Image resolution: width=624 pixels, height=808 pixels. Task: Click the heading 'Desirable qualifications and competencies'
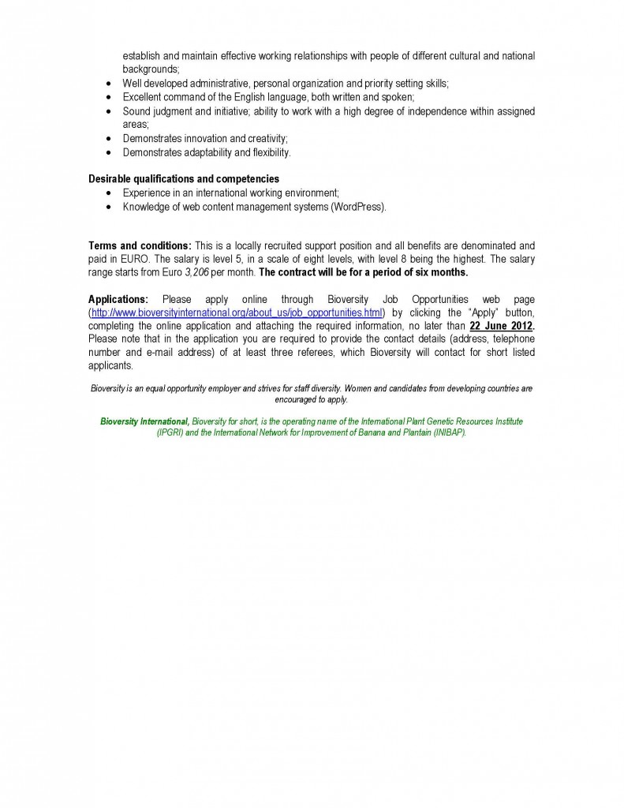183,179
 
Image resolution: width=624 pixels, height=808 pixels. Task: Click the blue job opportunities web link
237,312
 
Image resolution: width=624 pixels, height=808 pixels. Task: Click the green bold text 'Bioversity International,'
144,422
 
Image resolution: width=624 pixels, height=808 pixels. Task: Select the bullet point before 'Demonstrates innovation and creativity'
108,138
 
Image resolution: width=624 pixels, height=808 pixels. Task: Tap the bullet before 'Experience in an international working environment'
108,193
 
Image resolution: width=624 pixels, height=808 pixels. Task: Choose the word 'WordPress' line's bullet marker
108,207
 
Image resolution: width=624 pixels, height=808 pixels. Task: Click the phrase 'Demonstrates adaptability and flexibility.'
207,151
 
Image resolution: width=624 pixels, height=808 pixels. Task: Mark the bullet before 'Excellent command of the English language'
108,97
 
